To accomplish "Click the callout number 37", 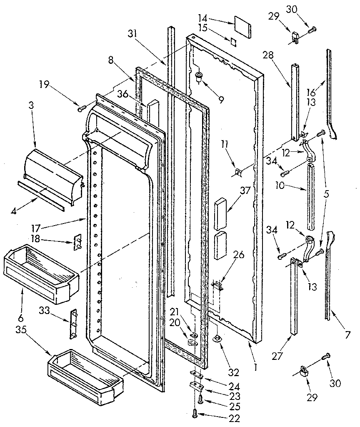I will click(232, 191).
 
